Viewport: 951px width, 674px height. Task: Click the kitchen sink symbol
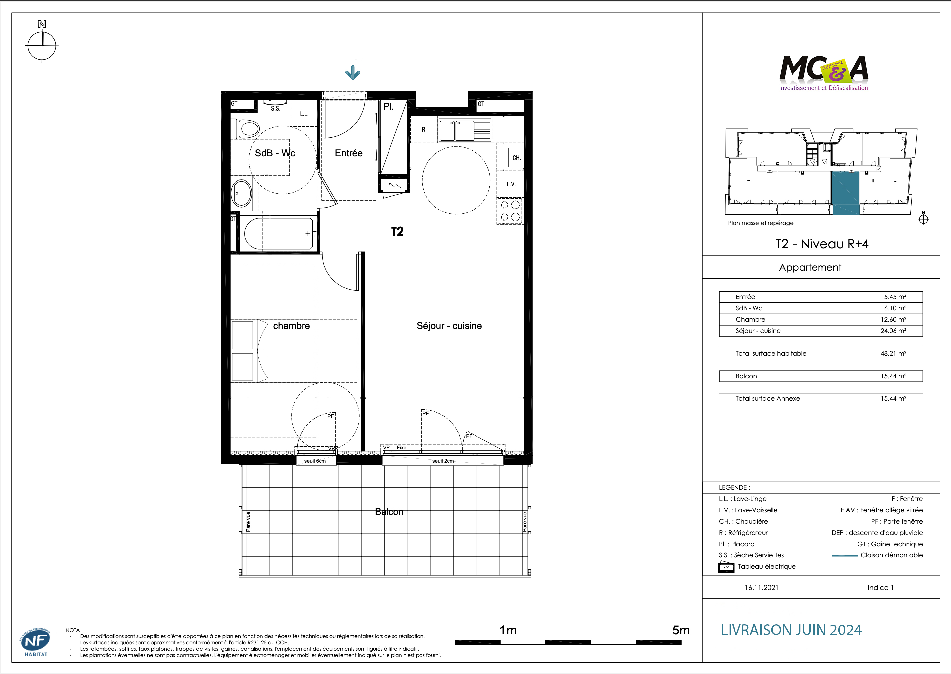[465, 130]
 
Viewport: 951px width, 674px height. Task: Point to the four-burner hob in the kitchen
[510, 211]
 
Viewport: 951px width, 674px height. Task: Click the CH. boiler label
[516, 158]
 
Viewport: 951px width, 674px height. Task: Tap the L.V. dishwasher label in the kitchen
[511, 184]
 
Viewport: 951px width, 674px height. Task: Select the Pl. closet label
[388, 106]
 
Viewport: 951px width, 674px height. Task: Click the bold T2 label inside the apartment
[397, 232]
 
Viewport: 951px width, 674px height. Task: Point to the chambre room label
[292, 326]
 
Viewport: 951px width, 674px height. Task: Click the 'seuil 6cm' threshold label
[315, 461]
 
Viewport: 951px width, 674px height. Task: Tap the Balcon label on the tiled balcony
[389, 512]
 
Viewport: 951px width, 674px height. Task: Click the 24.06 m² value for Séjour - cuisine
[893, 331]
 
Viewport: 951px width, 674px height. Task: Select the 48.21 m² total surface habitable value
[893, 353]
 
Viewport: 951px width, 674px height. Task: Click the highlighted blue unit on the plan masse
[845, 193]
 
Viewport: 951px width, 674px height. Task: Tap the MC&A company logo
[823, 73]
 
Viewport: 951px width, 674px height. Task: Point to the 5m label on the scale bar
[680, 630]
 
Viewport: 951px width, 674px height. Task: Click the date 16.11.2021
[761, 587]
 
